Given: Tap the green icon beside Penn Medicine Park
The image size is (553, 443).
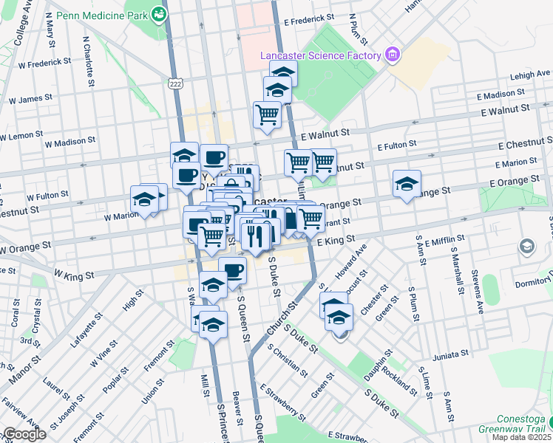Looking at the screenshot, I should pyautogui.click(x=159, y=13).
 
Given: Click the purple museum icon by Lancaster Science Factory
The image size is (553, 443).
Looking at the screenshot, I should pyautogui.click(x=392, y=55).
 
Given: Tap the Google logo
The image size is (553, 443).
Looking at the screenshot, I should pyautogui.click(x=24, y=434).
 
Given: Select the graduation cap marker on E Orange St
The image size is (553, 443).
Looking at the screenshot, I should pyautogui.click(x=407, y=185).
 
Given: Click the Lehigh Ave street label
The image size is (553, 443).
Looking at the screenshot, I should pyautogui.click(x=530, y=75).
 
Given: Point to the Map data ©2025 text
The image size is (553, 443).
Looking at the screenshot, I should pyautogui.click(x=521, y=437).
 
